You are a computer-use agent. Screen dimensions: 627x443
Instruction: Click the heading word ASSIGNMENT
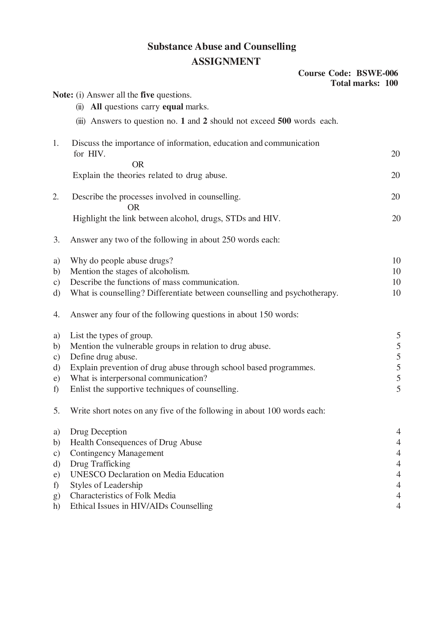[226, 62]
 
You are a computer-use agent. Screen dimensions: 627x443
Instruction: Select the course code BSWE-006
[377, 73]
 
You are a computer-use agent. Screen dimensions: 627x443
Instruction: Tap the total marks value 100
[392, 83]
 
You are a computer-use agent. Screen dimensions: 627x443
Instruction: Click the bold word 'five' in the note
[147, 95]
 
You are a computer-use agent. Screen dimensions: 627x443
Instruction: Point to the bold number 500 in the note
[284, 121]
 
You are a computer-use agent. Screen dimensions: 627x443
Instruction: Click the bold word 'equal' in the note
[173, 107]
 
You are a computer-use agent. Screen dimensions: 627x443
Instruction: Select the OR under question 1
[138, 164]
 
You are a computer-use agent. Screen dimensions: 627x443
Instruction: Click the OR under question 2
[133, 207]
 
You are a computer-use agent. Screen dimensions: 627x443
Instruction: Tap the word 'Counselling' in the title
[270, 47]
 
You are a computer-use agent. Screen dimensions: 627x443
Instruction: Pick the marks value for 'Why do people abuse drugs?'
[396, 261]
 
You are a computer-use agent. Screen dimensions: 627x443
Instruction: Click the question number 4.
[57, 315]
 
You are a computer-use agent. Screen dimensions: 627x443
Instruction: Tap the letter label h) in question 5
[57, 506]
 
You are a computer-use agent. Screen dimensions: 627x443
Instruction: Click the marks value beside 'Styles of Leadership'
[398, 485]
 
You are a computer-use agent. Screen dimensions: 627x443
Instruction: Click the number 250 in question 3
[228, 240]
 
